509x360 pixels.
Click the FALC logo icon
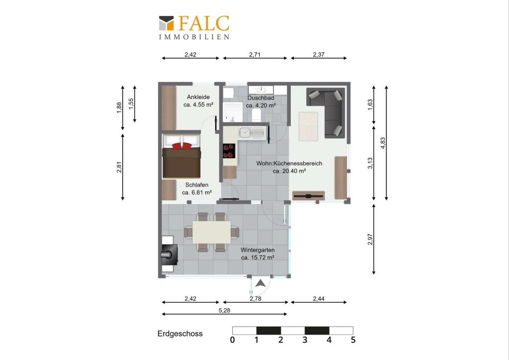(166, 23)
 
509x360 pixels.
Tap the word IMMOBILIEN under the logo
(194, 37)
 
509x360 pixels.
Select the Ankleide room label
(198, 97)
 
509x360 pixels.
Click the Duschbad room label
(260, 98)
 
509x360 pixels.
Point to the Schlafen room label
(197, 184)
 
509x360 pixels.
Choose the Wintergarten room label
(257, 250)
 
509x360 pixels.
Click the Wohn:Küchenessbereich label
(289, 163)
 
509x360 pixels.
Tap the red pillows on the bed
(182, 146)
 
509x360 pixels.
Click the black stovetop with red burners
(229, 151)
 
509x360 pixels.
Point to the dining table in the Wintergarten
(212, 232)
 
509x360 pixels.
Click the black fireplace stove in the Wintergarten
(170, 254)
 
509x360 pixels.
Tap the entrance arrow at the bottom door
(260, 284)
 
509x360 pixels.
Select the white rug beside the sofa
(308, 126)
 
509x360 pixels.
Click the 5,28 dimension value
(224, 310)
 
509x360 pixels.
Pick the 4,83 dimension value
(383, 143)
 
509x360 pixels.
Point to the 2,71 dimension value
(255, 55)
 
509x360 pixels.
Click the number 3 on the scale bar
(305, 340)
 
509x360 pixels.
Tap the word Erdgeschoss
(180, 334)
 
